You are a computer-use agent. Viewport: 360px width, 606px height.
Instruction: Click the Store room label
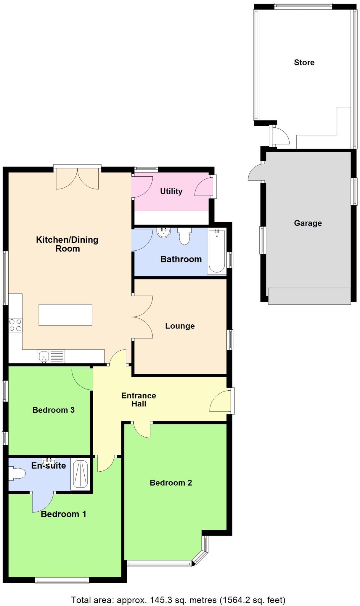coord(304,62)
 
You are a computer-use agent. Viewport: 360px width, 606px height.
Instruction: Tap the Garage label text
coord(308,223)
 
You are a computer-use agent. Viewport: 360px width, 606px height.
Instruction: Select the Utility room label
coord(171,191)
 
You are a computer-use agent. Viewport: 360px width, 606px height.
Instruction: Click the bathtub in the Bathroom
coord(217,251)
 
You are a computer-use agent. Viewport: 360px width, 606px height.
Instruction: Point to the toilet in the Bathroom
coord(184,236)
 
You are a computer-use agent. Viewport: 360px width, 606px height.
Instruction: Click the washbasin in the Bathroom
coord(164,233)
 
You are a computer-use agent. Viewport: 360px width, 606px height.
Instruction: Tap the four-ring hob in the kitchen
coord(15,325)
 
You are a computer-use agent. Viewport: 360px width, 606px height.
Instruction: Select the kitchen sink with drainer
coord(51,357)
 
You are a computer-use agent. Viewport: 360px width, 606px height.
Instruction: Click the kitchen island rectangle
coord(65,315)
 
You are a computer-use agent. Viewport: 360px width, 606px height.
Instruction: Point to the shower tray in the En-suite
coord(80,474)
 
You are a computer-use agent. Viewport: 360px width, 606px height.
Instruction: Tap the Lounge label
coord(180,326)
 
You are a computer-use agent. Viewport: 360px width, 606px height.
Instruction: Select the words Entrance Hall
coord(139,399)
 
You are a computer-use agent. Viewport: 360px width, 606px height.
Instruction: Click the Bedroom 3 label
coord(53,410)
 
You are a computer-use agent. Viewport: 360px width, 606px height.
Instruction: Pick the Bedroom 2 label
coord(171,483)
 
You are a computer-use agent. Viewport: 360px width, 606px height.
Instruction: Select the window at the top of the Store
coord(303,6)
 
